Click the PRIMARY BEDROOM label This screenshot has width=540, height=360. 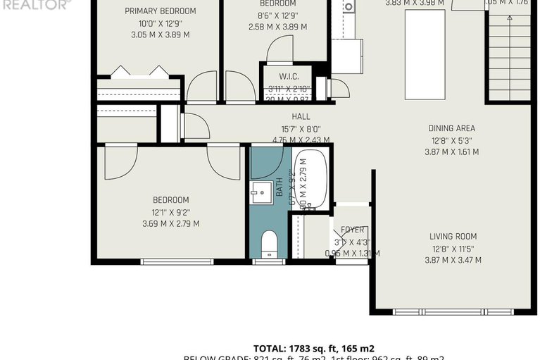(x=161, y=11)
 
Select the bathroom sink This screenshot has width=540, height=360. (x=262, y=191)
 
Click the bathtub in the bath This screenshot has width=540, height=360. (x=310, y=179)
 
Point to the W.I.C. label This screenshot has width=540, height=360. (x=289, y=76)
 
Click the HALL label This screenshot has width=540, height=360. (x=301, y=117)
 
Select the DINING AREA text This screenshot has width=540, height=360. (x=451, y=128)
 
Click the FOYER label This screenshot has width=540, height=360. (x=352, y=230)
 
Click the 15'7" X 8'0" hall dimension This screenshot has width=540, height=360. (x=301, y=129)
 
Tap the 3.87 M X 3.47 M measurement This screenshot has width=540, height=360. (x=453, y=260)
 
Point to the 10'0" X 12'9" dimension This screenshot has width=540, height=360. (x=161, y=23)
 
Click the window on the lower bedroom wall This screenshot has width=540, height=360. (x=177, y=262)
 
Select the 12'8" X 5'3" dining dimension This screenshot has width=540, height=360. (x=451, y=140)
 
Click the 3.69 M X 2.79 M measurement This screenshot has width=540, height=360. (x=170, y=224)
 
